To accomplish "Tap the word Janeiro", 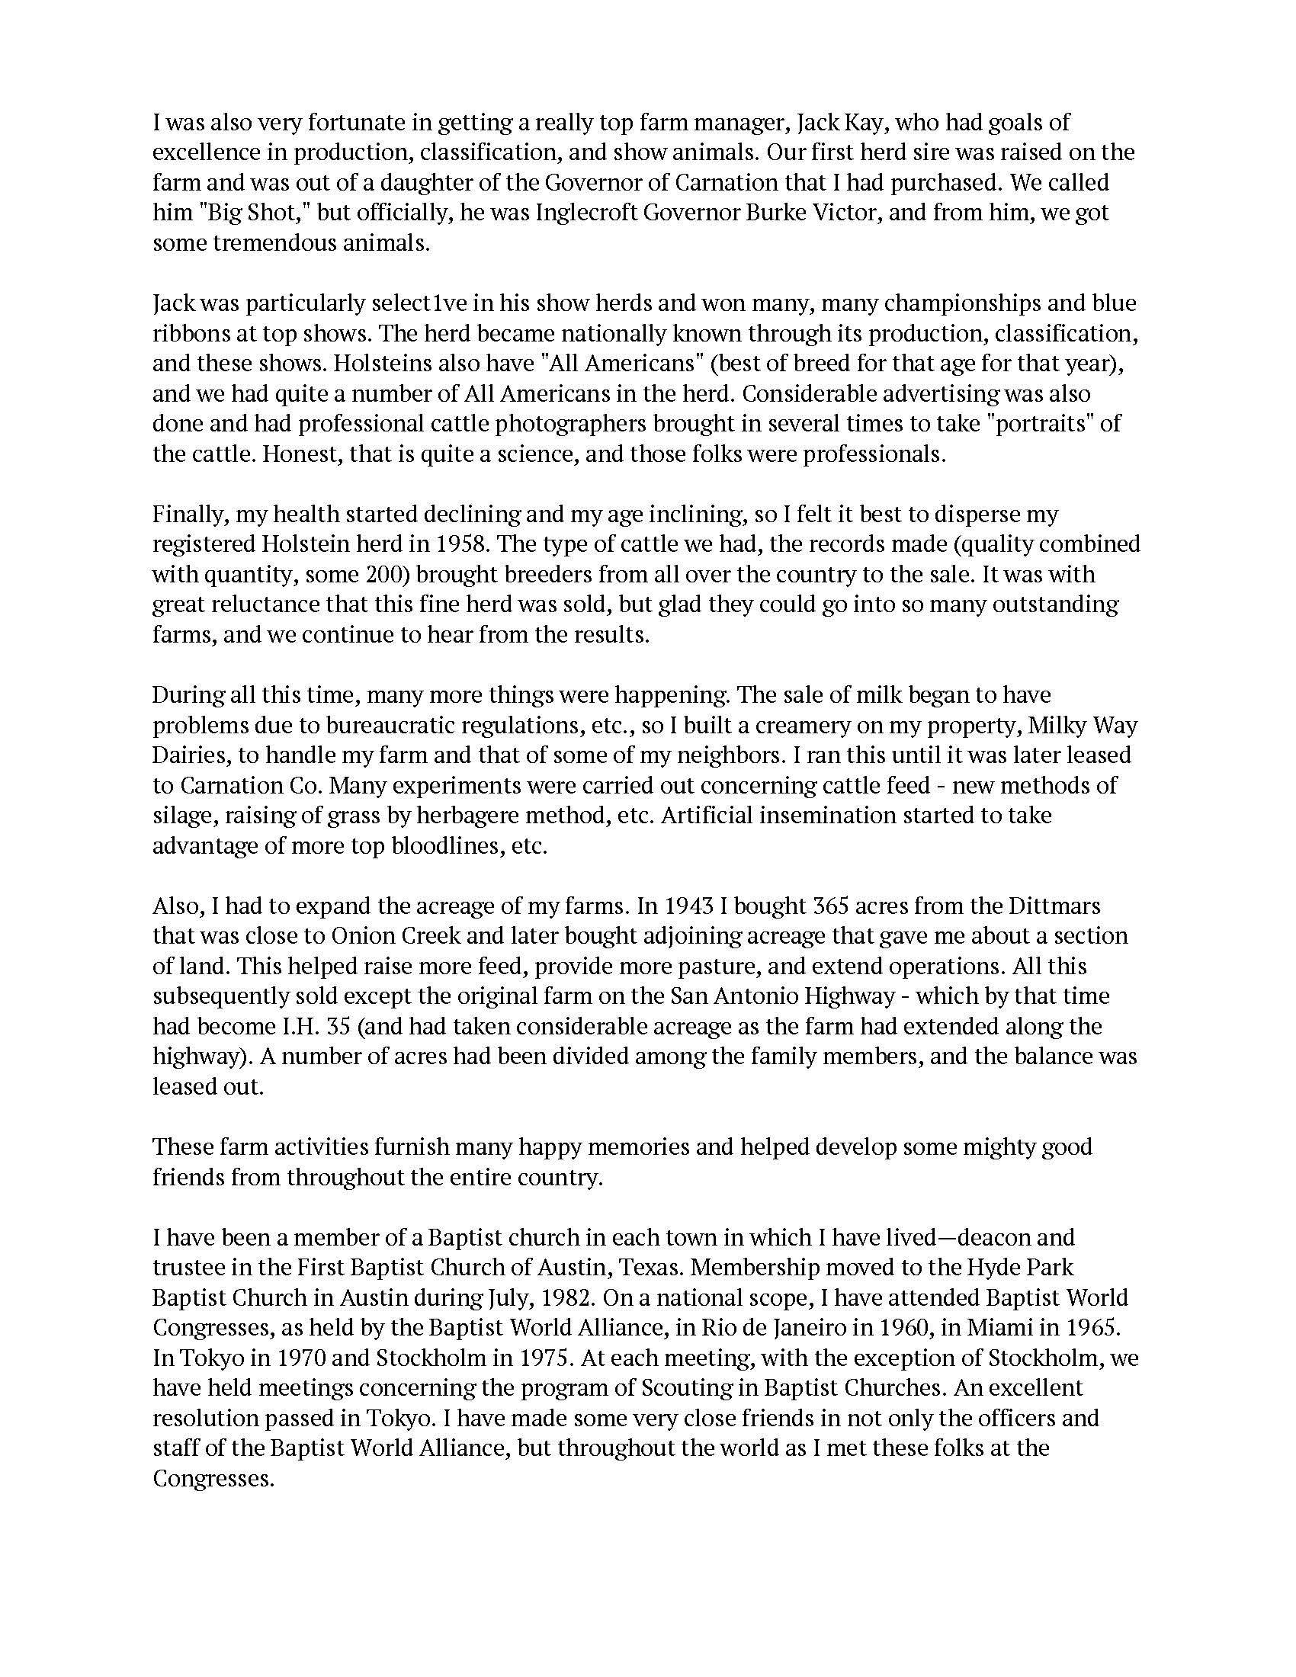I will pos(735,1329).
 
